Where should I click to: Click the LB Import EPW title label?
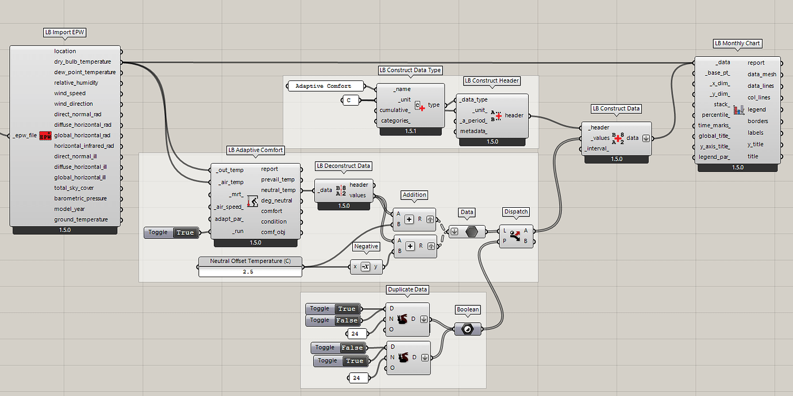(x=65, y=32)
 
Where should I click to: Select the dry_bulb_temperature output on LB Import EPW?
(x=82, y=62)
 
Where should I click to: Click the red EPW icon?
(x=45, y=136)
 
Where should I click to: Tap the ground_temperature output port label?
(x=80, y=219)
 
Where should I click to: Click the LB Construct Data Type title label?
(x=410, y=70)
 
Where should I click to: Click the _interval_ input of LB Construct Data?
(x=598, y=149)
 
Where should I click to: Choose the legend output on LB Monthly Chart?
(x=756, y=110)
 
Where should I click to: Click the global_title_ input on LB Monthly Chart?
(x=714, y=136)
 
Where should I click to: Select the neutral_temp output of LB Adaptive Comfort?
(x=278, y=190)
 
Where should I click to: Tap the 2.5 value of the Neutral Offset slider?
(x=250, y=272)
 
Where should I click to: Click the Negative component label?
(x=366, y=246)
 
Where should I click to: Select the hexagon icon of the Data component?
(x=471, y=232)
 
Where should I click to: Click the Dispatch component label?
(x=515, y=212)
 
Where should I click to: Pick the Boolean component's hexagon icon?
(x=468, y=329)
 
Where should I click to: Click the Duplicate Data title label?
(x=407, y=290)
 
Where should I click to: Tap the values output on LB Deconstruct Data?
(x=357, y=195)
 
